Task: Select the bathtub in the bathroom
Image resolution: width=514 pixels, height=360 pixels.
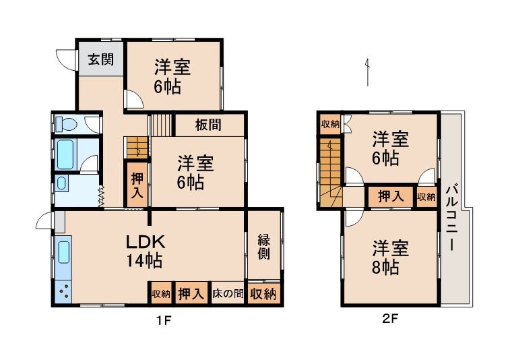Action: click(x=65, y=154)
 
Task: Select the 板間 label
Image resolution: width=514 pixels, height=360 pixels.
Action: click(x=209, y=125)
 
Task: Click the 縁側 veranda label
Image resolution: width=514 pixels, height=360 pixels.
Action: click(x=263, y=247)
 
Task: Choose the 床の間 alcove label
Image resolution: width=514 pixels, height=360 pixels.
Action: click(x=228, y=294)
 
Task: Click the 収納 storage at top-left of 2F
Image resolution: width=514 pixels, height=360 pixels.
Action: click(x=330, y=123)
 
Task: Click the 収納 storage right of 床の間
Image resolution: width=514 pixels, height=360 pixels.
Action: click(x=263, y=294)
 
